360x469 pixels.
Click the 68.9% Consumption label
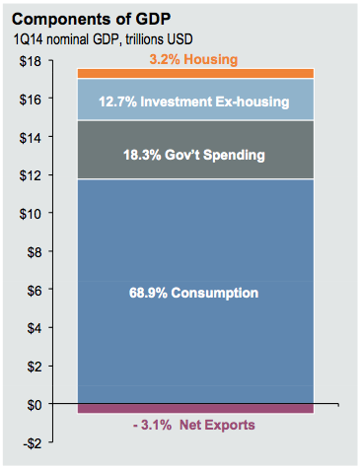[193, 293]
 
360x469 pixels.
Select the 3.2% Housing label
[193, 60]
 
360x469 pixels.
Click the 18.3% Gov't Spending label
[193, 155]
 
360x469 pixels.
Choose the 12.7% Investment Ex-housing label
[193, 100]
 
